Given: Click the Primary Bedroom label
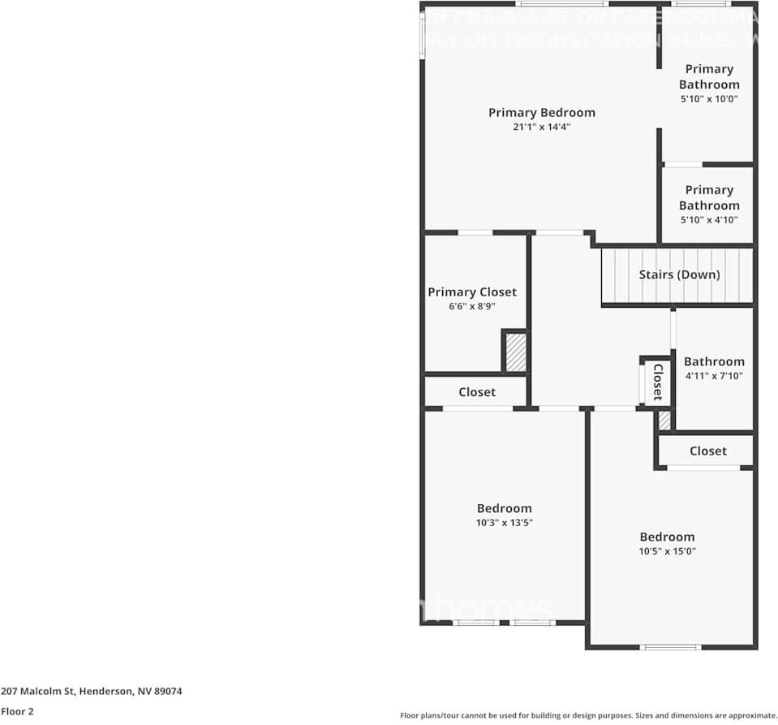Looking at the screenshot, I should (541, 113).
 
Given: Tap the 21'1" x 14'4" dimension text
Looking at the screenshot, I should (541, 127).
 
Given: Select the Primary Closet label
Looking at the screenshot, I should (472, 292).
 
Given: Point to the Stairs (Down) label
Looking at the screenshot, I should (679, 274).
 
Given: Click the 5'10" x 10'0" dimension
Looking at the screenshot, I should (709, 99).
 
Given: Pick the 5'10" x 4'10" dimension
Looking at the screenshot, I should (709, 220).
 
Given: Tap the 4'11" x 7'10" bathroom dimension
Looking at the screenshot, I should (714, 376).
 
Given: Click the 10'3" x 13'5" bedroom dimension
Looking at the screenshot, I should (505, 524).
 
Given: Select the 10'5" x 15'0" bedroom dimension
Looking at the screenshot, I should (668, 551).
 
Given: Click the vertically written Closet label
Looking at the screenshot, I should (658, 382).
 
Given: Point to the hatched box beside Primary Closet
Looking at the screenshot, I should (516, 352).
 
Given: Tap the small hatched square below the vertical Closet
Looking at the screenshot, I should (664, 421).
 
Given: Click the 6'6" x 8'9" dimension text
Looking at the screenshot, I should (472, 307).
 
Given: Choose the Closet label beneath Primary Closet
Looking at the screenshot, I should (477, 392).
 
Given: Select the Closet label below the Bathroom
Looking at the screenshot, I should (708, 451).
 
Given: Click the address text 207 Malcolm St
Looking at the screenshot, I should (91, 692).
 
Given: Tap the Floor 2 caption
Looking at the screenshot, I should (17, 710).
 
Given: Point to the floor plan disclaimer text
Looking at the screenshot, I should (588, 715).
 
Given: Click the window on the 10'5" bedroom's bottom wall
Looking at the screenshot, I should (670, 647).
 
